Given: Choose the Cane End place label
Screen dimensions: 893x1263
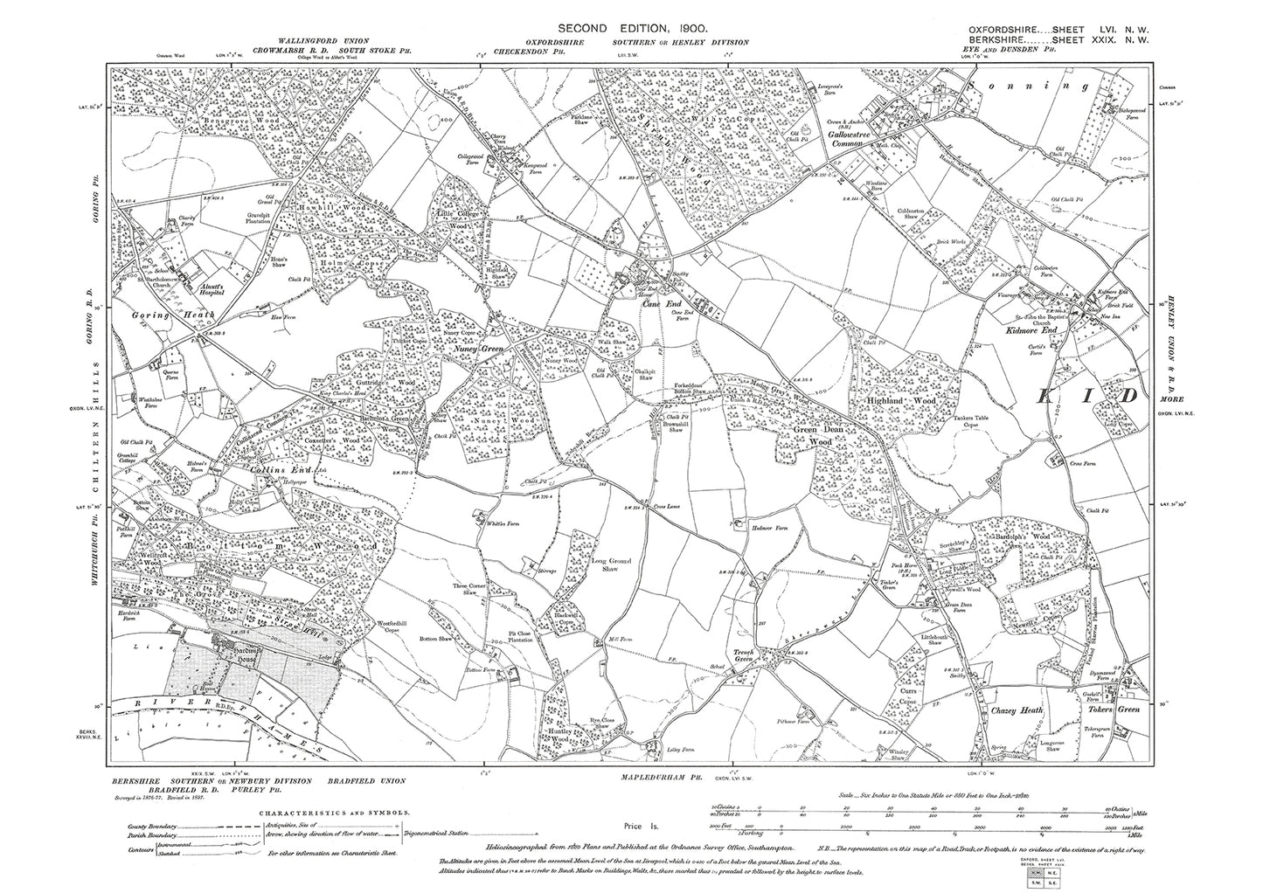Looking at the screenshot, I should click(x=661, y=304).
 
